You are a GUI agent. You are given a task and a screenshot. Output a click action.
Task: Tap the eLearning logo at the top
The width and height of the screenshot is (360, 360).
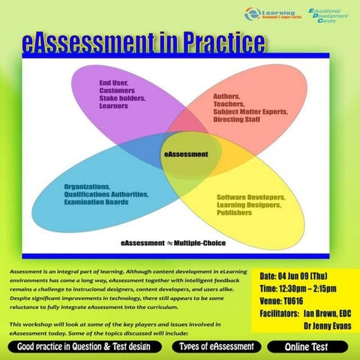271,15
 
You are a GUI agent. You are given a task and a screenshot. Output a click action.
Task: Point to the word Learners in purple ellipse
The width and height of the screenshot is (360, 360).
115,106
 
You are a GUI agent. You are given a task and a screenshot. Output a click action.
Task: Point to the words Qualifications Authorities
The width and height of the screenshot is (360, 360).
106,194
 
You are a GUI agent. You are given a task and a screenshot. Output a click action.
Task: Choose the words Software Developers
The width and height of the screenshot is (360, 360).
250,197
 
